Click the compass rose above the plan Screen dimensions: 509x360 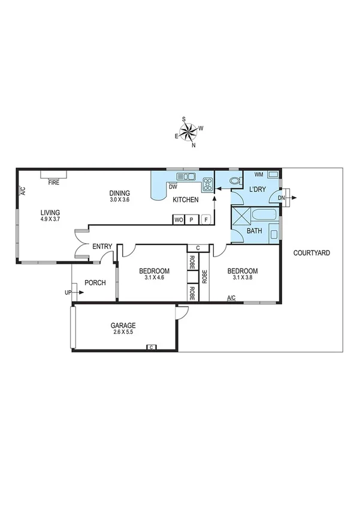189,131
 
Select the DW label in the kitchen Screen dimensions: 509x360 172,186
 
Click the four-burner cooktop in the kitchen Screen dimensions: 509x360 208,184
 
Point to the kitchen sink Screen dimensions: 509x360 188,176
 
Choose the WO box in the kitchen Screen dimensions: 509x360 179,219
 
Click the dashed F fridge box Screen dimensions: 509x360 206,219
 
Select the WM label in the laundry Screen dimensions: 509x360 259,174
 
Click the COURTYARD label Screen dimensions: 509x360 311,254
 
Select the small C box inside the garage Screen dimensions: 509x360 151,347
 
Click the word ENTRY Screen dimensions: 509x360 102,246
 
